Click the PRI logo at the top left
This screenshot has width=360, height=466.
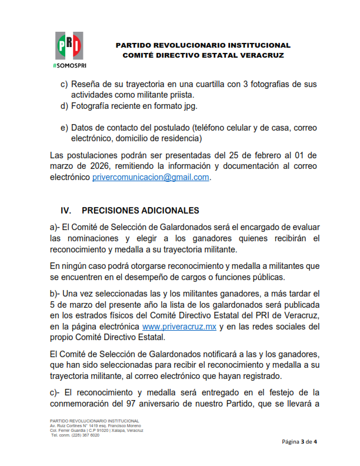tap(70, 45)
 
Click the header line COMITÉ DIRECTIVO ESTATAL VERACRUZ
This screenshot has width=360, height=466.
tap(203, 55)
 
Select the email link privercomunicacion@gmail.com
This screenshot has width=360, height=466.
tap(151, 177)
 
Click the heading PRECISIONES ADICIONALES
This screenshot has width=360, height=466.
tap(141, 211)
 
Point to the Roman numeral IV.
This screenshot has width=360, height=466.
tap(66, 211)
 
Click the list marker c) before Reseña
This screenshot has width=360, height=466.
tap(64, 84)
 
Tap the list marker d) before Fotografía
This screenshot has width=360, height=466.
tap(64, 106)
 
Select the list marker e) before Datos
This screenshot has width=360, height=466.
tap(64, 128)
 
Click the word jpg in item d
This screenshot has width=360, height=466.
tap(189, 106)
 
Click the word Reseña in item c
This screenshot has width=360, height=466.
tap(88, 84)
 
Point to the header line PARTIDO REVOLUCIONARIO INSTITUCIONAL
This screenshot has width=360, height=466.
tap(203, 45)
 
